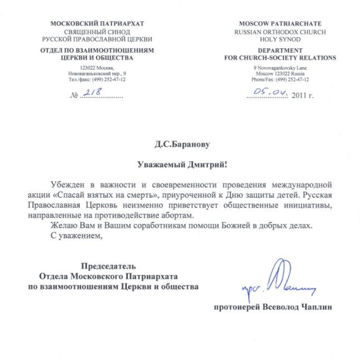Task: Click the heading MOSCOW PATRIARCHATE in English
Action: coord(280,24)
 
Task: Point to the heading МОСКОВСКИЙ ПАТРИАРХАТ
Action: coord(97,24)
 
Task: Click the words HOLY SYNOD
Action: coord(280,40)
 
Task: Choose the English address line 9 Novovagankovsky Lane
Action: coord(280,68)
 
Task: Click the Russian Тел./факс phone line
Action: coord(97,80)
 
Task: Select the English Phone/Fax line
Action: coord(280,80)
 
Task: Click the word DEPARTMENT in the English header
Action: coord(280,51)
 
